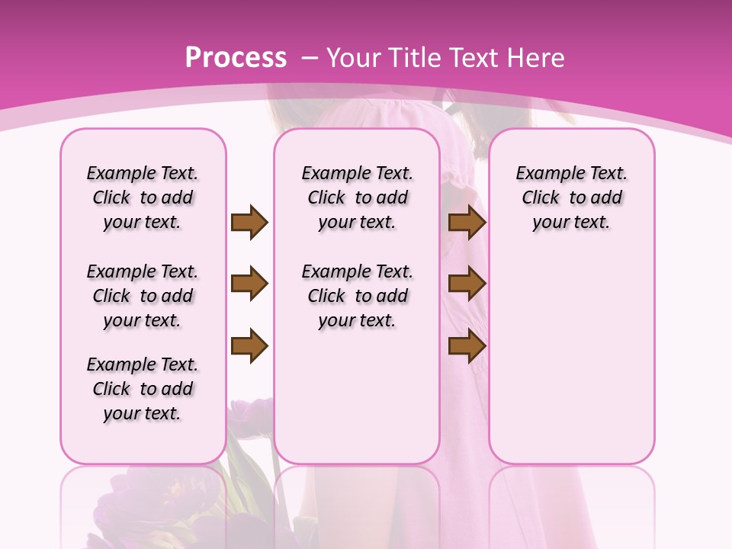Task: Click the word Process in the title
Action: click(x=236, y=57)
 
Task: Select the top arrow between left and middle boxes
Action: click(x=249, y=222)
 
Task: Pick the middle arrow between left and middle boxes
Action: click(x=249, y=284)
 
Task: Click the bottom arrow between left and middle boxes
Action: click(x=249, y=347)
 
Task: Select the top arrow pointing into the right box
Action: click(x=467, y=222)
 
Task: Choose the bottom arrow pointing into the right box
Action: click(x=467, y=347)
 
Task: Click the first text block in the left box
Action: click(x=143, y=197)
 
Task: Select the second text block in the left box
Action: click(x=143, y=296)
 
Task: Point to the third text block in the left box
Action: click(x=143, y=389)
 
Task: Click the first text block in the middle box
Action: click(x=357, y=197)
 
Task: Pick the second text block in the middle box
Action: click(x=357, y=296)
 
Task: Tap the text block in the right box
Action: click(x=571, y=197)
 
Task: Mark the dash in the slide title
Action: click(x=310, y=57)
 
